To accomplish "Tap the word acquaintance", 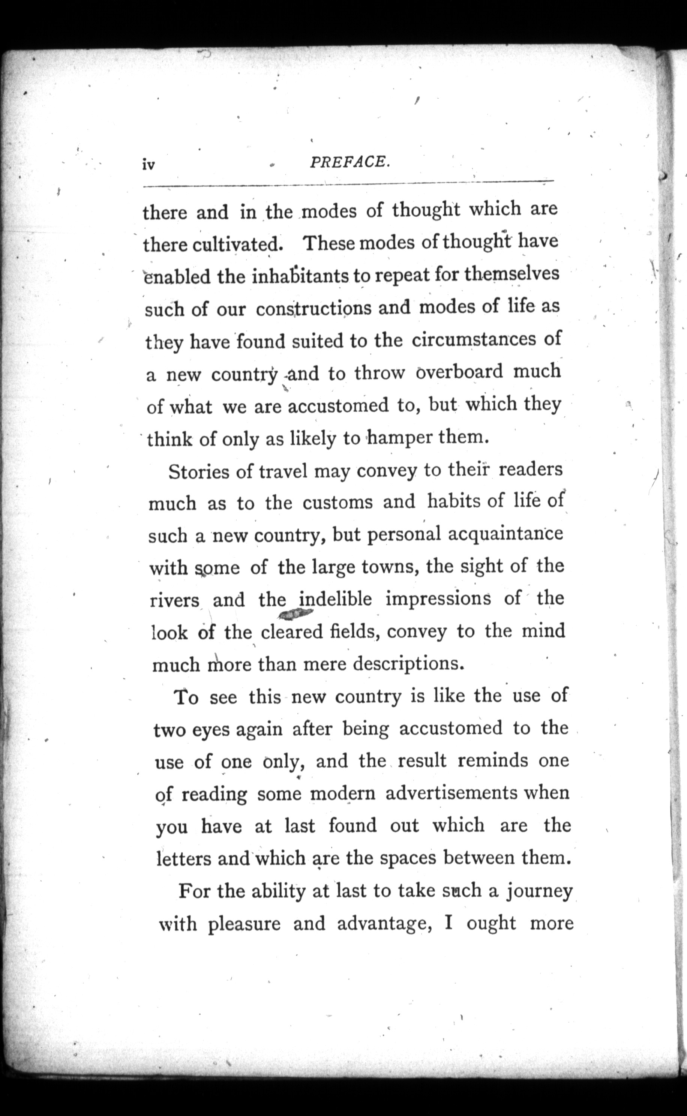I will click(x=505, y=534).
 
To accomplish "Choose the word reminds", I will click(x=493, y=760).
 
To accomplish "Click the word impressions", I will click(x=438, y=599).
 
